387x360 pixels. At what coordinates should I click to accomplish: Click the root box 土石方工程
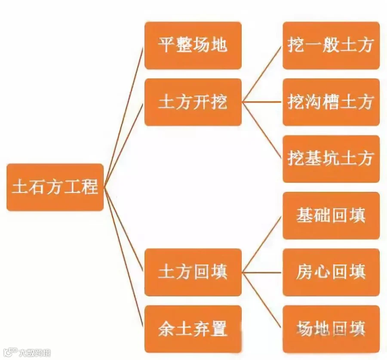(x=55, y=187)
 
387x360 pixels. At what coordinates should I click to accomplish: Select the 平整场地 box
(x=193, y=45)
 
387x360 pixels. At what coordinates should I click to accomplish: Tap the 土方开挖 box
(x=193, y=102)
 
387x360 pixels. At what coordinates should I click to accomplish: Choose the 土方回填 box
(x=193, y=272)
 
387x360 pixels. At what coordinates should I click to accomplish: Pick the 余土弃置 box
(x=193, y=329)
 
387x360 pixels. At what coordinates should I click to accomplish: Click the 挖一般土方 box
(x=331, y=45)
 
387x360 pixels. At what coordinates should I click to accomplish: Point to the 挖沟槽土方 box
(x=331, y=102)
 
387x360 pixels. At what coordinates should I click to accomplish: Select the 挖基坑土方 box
(x=331, y=159)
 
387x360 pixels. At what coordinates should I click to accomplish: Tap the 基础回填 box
(x=331, y=215)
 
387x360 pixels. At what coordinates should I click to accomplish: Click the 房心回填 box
(x=331, y=272)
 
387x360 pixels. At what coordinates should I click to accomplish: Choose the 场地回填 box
(x=331, y=329)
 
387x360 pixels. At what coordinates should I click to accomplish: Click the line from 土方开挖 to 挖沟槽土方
(x=262, y=102)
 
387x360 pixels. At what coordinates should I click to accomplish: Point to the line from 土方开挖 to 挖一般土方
(x=262, y=73)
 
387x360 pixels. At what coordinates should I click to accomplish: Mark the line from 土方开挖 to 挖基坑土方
(x=262, y=131)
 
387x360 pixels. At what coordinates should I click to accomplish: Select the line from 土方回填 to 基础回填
(x=262, y=243)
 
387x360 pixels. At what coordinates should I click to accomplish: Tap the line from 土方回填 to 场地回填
(x=262, y=301)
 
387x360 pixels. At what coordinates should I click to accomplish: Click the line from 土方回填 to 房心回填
(x=262, y=272)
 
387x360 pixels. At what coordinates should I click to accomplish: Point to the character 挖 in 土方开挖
(x=219, y=102)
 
